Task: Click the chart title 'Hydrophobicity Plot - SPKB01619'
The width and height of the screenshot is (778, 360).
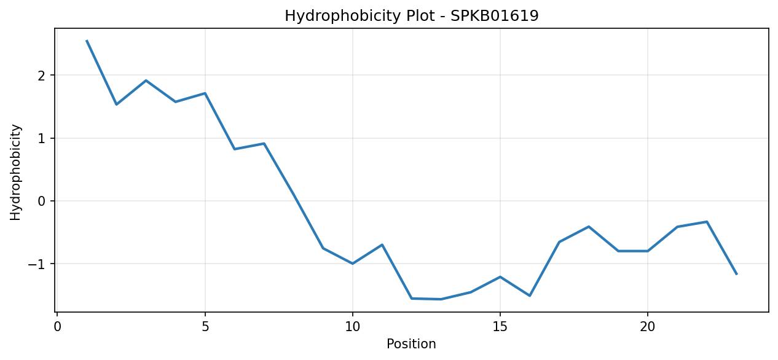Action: pos(412,16)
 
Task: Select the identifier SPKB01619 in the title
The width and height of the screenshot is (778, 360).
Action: pos(495,15)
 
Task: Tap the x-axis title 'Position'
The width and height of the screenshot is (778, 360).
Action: pos(411,344)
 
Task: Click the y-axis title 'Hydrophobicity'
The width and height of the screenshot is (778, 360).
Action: pos(15,173)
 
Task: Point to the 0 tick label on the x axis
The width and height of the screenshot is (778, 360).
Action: pos(57,327)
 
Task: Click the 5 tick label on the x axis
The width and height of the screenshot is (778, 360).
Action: pos(205,327)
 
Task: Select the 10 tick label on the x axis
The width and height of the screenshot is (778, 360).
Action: pos(353,327)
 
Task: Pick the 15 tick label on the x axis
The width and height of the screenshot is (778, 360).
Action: pos(500,327)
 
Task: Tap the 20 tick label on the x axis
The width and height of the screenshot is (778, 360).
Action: pos(647,327)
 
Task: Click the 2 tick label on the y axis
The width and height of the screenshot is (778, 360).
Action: pos(42,76)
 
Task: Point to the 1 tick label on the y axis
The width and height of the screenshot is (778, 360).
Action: pos(42,138)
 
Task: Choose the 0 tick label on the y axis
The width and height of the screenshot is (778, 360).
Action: pos(42,201)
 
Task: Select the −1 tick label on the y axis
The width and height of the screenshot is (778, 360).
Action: pos(37,264)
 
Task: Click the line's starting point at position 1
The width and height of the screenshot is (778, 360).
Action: pos(87,41)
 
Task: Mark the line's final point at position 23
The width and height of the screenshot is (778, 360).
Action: pos(736,274)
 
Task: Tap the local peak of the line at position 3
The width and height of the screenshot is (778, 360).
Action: pos(146,80)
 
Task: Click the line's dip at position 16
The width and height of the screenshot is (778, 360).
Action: pos(530,295)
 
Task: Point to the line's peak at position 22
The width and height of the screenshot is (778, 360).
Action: pos(707,222)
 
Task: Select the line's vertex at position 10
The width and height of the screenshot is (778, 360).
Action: pos(353,264)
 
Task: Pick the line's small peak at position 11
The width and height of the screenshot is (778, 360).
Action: pos(382,245)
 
